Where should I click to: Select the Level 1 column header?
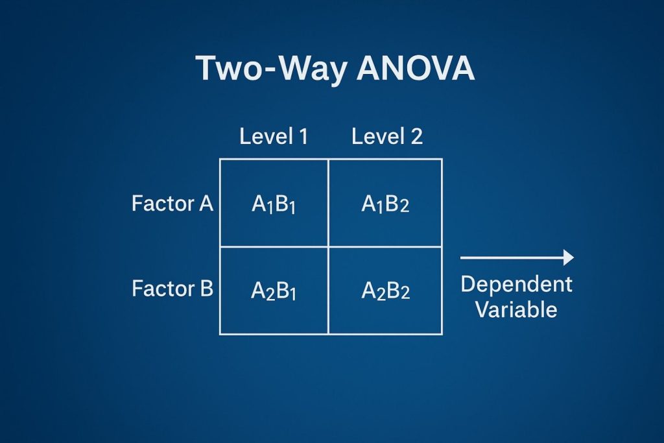[x=274, y=136]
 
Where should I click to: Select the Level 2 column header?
[x=386, y=136]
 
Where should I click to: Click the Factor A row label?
[x=172, y=204]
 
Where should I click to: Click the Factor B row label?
[x=172, y=288]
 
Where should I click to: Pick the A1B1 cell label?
[x=274, y=205]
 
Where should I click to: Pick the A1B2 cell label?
[x=385, y=205]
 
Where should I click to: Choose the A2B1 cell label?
[x=274, y=291]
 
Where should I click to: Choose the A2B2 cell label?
[x=385, y=291]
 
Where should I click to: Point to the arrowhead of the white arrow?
[x=569, y=257]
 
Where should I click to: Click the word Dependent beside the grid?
[x=516, y=284]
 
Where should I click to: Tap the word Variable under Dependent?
[x=516, y=309]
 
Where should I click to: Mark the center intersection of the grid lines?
[x=329, y=246]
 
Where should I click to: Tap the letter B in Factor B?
[x=206, y=288]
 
